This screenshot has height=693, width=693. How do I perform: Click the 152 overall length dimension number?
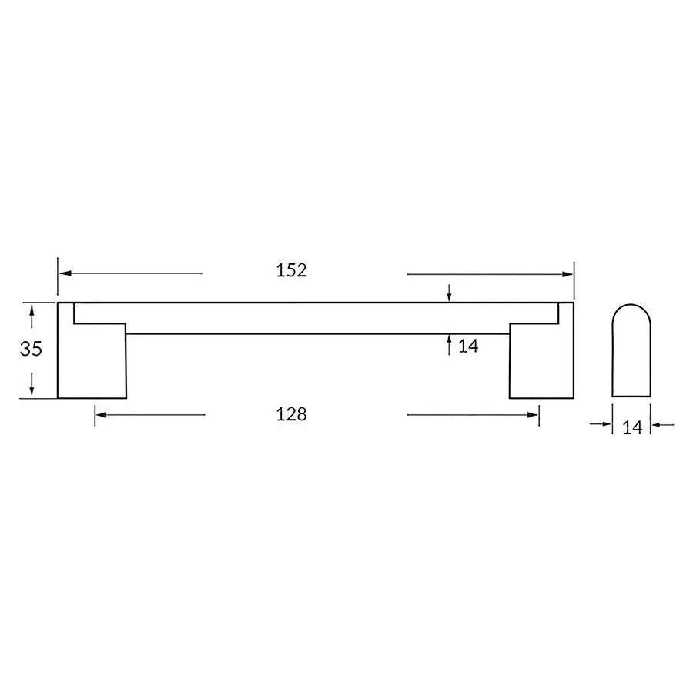[x=291, y=270]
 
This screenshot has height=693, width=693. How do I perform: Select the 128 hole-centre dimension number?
[x=291, y=414]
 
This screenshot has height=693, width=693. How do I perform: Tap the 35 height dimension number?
[x=31, y=349]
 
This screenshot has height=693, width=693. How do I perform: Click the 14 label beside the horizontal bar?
[x=468, y=346]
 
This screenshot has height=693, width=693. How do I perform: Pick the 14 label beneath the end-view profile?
[x=631, y=428]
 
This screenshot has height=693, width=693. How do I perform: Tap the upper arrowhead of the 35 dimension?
[x=32, y=309]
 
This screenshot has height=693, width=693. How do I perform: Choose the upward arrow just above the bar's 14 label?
[x=449, y=340]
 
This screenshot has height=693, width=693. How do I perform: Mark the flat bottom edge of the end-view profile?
[x=631, y=397]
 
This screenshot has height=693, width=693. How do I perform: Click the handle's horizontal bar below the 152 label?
[x=291, y=318]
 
